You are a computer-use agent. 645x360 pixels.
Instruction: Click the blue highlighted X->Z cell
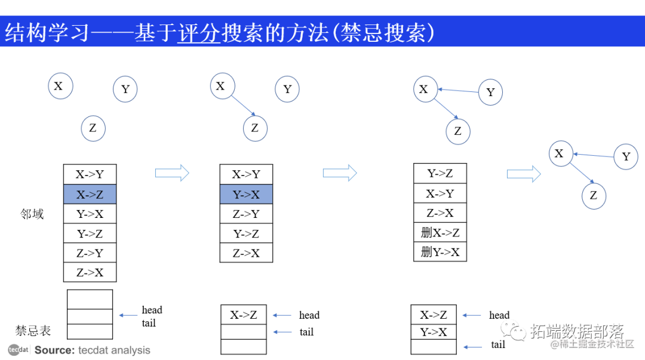coord(90,194)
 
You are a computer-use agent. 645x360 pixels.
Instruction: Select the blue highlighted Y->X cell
coord(246,194)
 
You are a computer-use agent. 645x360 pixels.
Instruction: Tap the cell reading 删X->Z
coord(440,232)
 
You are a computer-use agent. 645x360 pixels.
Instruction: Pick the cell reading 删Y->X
coord(440,252)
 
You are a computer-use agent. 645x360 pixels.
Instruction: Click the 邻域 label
coord(32,214)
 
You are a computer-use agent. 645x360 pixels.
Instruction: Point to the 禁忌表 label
coord(33,330)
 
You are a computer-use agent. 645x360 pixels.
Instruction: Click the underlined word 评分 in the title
coord(199,33)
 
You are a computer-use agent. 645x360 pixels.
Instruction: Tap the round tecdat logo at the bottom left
coord(18,350)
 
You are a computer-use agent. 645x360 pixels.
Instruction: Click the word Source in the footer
coord(54,350)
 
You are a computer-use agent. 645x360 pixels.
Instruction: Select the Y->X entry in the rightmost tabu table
coord(433,332)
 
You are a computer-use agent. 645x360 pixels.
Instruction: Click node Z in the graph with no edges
coord(93,128)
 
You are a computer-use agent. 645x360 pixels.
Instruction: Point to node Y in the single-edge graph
coord(287,89)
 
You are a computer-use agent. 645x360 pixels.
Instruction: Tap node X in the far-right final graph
coord(559,154)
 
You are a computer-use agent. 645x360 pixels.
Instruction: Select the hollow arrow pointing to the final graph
coord(523,174)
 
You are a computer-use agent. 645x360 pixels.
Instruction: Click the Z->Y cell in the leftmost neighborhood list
coord(90,253)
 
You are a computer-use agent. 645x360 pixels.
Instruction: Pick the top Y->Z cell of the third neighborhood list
coord(440,174)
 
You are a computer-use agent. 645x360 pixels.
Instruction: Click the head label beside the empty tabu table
coord(152,310)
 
